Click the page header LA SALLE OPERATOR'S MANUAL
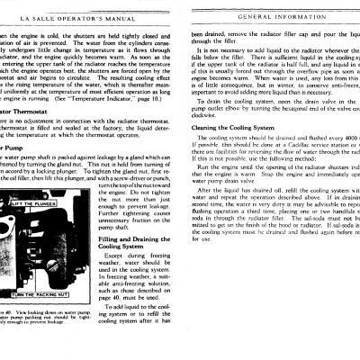click(73, 16)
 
